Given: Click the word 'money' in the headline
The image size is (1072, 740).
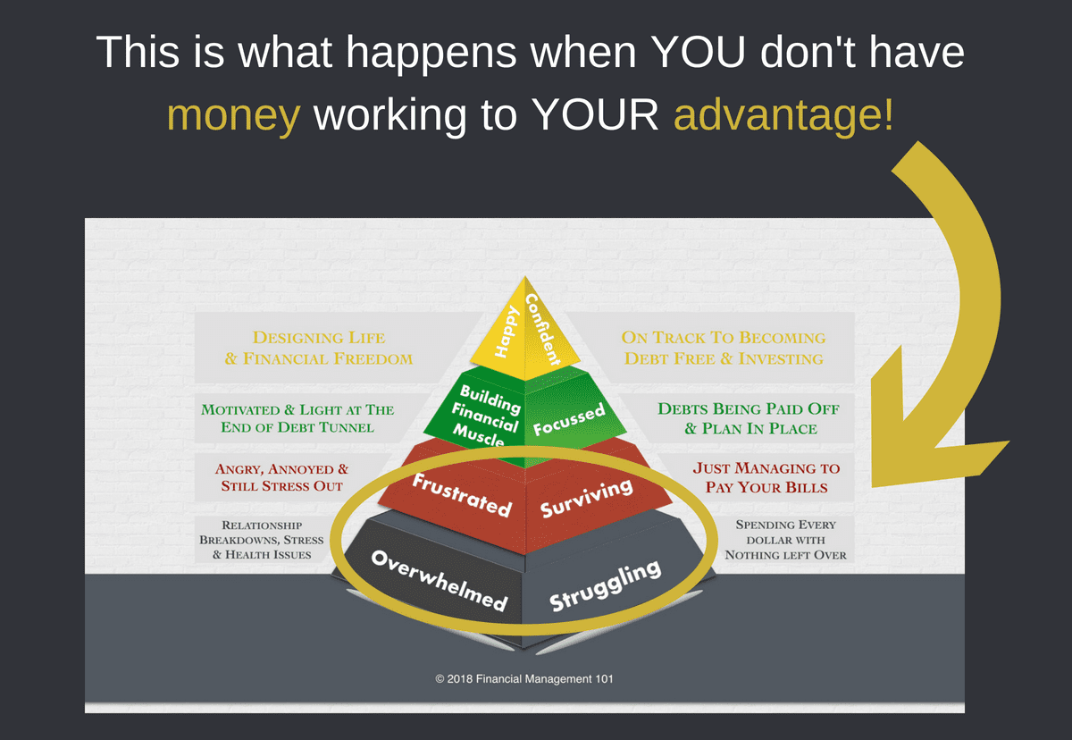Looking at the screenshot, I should tap(233, 116).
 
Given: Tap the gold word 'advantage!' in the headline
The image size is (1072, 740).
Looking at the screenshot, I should tap(783, 116).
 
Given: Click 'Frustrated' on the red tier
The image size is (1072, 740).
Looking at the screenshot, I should tap(461, 494).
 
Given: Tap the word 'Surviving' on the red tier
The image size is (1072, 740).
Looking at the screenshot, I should tap(587, 498).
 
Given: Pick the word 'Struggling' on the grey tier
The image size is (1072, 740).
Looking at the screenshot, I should tap(605, 584).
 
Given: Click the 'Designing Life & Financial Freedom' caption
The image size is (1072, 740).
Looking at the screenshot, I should tap(319, 349).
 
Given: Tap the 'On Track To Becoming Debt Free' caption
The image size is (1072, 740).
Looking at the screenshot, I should tap(723, 349).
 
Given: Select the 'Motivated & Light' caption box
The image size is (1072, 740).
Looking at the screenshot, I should tap(297, 418).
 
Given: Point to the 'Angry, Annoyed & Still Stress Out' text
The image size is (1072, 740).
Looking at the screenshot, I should tap(282, 478).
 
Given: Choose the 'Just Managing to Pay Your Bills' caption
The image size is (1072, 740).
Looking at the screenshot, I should tap(766, 478).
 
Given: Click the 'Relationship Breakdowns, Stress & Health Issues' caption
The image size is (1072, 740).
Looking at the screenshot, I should tap(262, 540).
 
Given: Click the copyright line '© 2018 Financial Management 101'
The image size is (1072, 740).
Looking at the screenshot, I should tap(524, 679).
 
